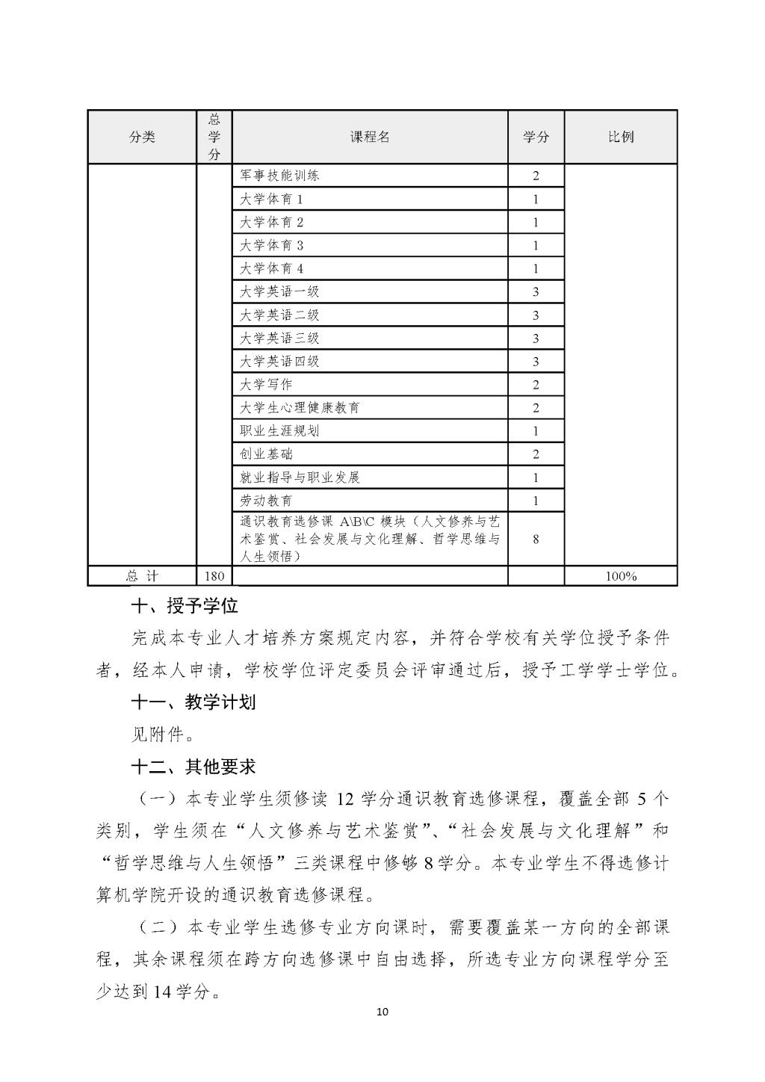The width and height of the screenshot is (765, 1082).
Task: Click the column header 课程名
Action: click(x=370, y=137)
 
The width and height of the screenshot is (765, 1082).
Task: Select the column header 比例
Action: click(x=620, y=137)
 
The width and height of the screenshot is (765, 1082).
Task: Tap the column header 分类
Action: click(x=142, y=137)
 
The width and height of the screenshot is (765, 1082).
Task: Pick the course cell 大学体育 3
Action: click(x=271, y=246)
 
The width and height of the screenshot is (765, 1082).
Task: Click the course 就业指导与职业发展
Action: click(x=300, y=477)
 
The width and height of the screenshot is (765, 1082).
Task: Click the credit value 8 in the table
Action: click(x=536, y=539)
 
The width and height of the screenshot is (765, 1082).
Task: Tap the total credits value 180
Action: click(x=214, y=576)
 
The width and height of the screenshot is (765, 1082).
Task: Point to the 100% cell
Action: click(x=620, y=576)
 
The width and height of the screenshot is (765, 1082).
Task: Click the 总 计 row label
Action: click(x=142, y=576)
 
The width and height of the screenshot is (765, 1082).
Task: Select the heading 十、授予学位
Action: click(x=185, y=606)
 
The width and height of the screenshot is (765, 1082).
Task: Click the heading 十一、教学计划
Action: click(x=193, y=702)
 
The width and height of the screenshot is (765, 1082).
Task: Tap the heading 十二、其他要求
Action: click(x=193, y=767)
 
